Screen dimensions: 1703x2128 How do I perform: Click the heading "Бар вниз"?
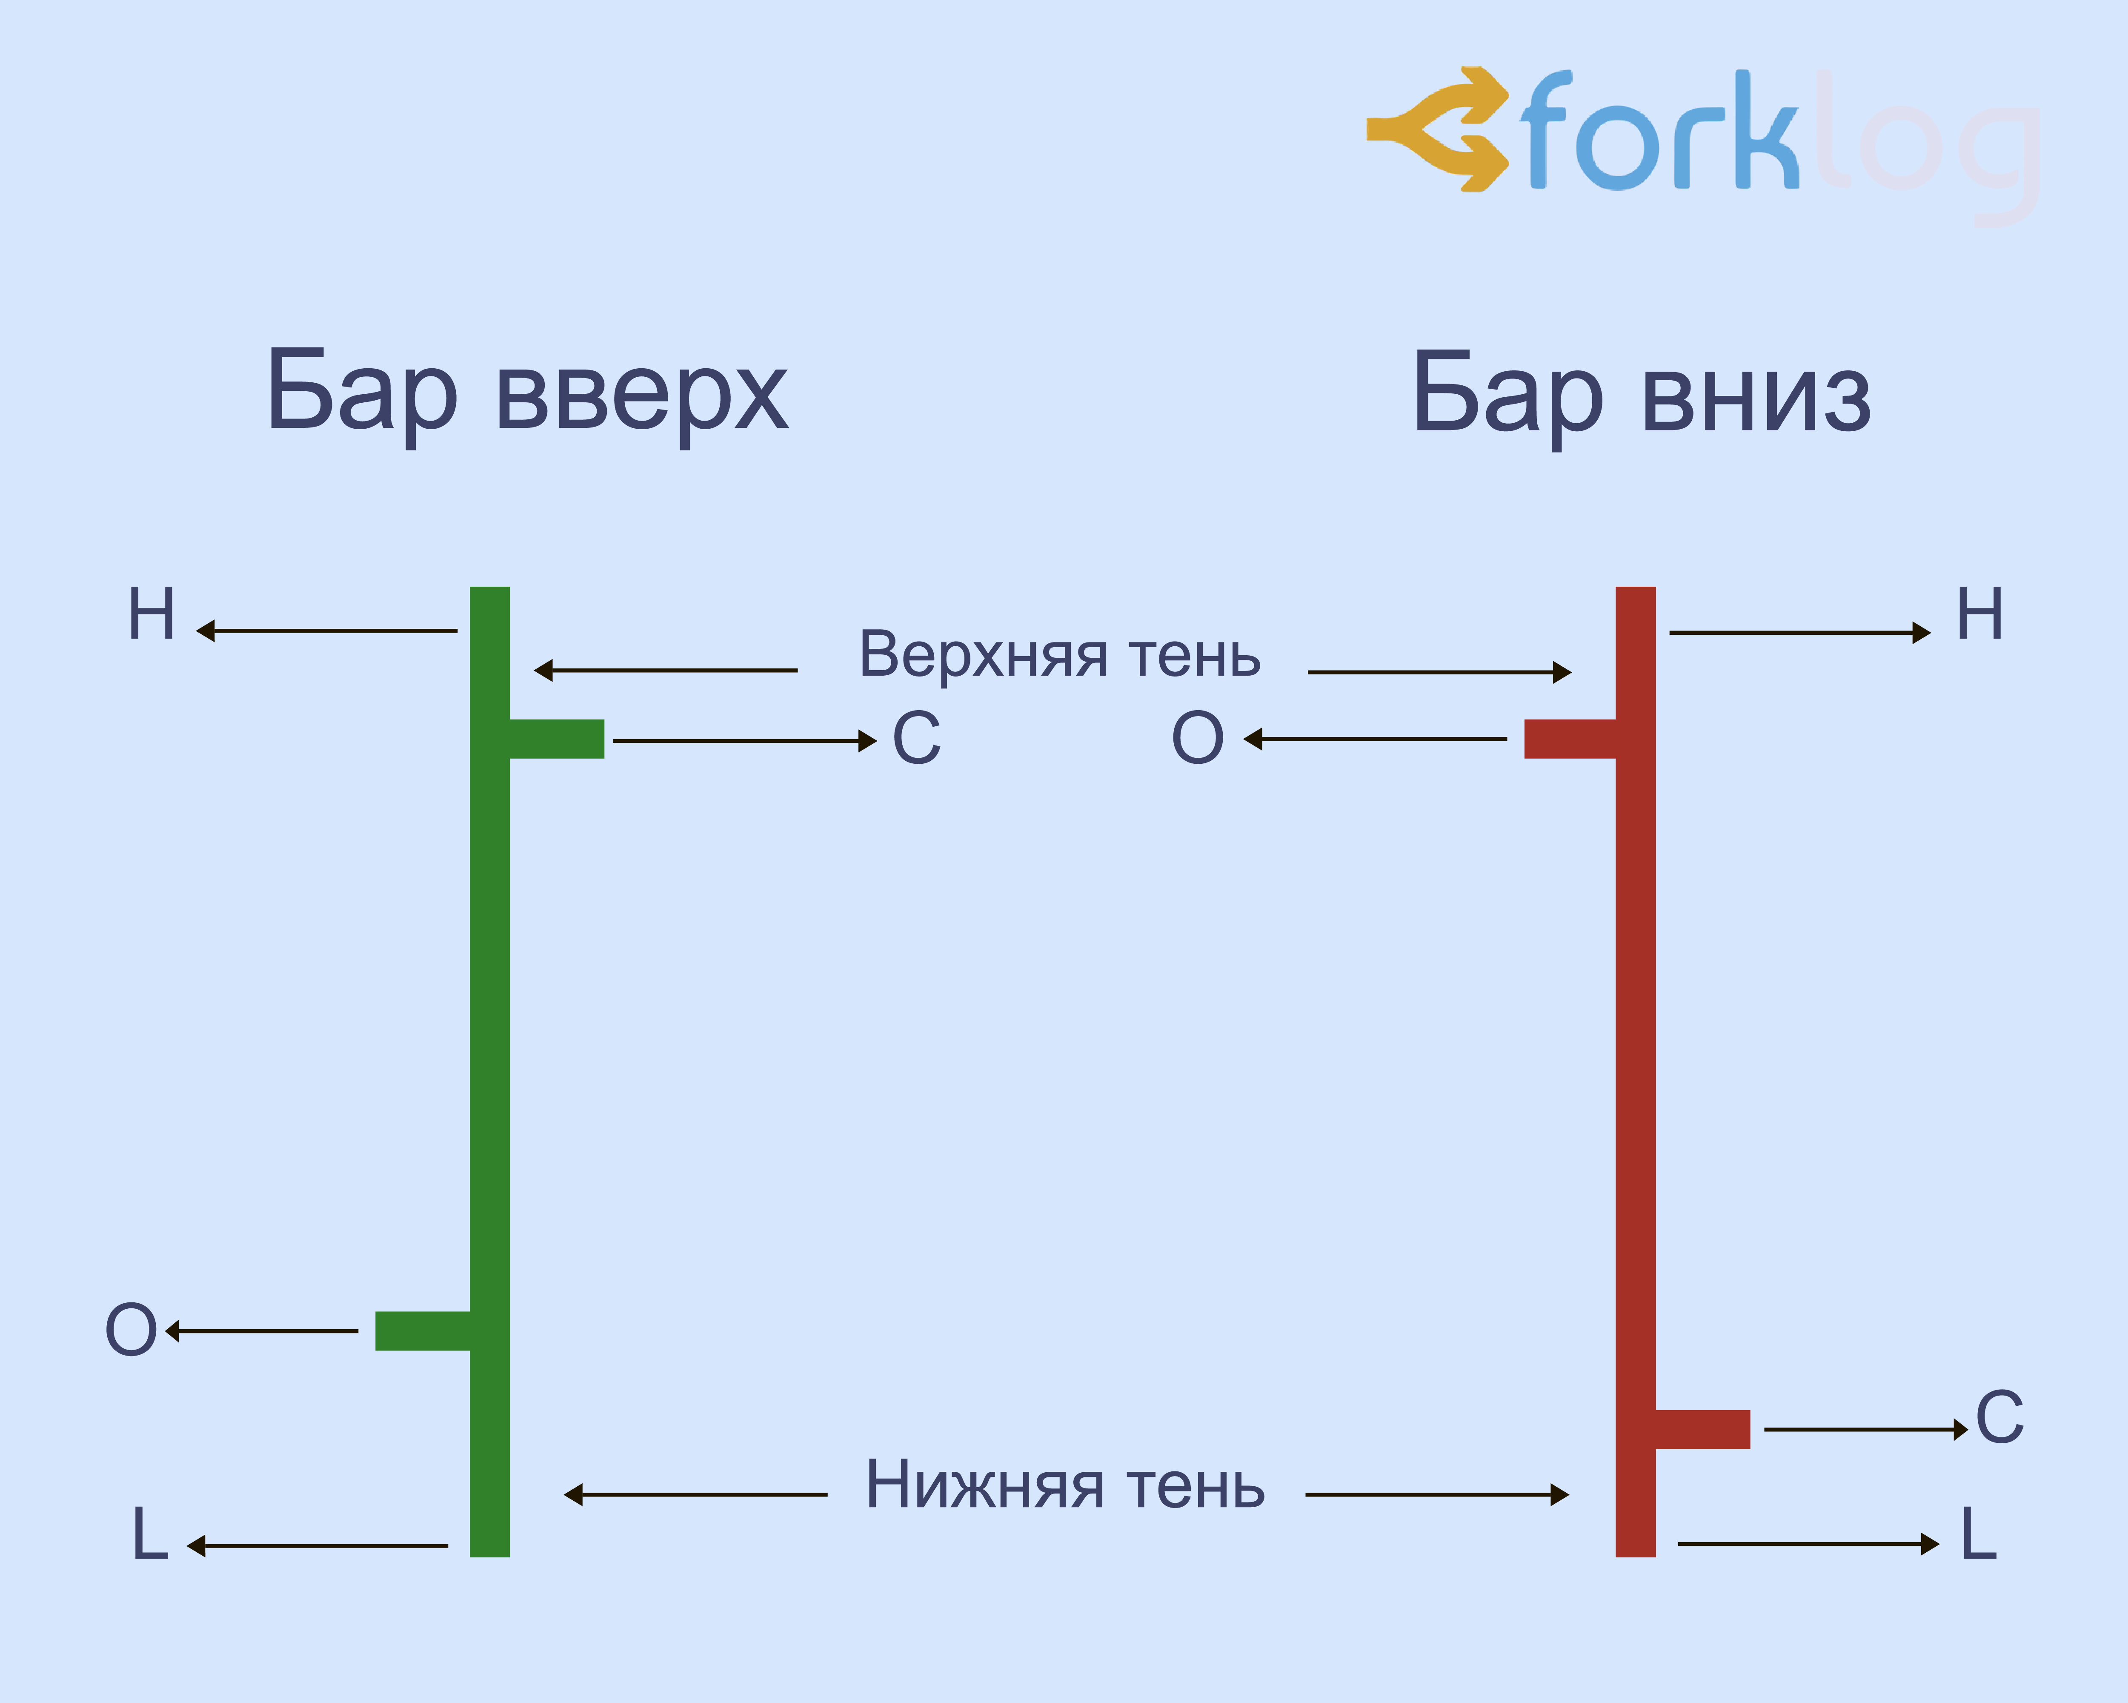[1642, 395]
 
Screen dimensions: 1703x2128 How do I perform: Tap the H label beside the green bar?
[152, 614]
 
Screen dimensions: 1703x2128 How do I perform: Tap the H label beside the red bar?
[1979, 614]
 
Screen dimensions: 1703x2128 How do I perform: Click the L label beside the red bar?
[1978, 1534]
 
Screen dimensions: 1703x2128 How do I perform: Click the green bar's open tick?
[423, 1331]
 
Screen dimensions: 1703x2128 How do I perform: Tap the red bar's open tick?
[1569, 738]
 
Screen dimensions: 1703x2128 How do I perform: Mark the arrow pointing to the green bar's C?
[744, 740]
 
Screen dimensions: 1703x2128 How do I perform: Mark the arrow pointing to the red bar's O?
[1375, 738]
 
